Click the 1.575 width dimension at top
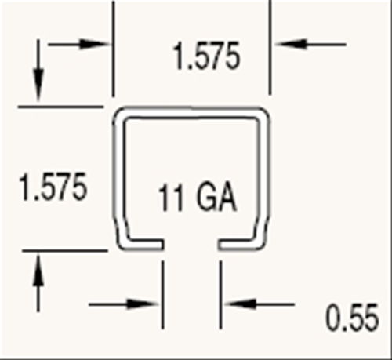click(206, 56)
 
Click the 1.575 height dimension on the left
click(53, 187)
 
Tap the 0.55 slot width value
click(352, 318)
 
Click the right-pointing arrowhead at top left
click(94, 44)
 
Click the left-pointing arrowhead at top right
click(289, 44)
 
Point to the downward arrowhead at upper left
click(38, 84)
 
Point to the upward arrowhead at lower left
click(38, 271)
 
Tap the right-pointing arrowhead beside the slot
click(143, 304)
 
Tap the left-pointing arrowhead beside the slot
click(240, 304)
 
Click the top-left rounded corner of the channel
click(121, 115)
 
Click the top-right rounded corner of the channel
click(262, 115)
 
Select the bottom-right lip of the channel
click(241, 245)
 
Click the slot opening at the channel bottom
click(191, 245)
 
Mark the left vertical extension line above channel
click(114, 49)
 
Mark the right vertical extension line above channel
click(270, 48)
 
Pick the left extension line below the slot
click(163, 295)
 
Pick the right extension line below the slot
click(221, 295)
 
